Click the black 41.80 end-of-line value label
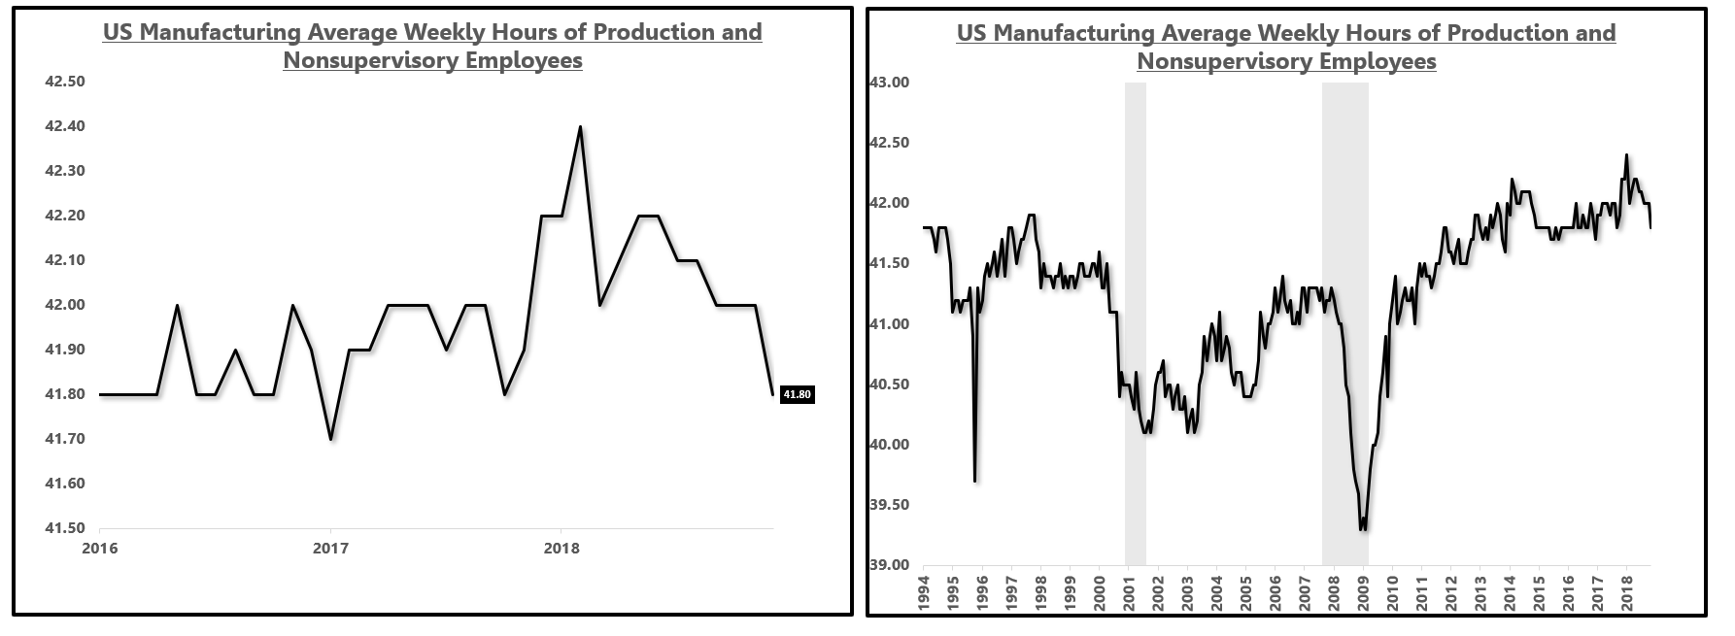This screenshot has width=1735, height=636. (797, 394)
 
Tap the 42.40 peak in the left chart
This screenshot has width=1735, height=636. (580, 126)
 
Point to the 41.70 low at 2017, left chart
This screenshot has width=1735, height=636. (330, 439)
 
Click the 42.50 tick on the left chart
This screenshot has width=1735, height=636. (65, 82)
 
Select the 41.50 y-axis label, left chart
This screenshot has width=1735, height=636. (65, 528)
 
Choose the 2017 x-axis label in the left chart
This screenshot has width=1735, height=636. (330, 549)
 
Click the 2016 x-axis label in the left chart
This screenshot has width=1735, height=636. (100, 549)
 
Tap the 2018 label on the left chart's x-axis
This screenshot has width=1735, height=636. (561, 549)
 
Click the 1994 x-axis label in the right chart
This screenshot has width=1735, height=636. (924, 592)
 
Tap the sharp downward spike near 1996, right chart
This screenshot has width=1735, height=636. (974, 480)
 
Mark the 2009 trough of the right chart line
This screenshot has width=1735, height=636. (1364, 529)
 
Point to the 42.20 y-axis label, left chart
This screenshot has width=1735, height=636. (65, 216)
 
